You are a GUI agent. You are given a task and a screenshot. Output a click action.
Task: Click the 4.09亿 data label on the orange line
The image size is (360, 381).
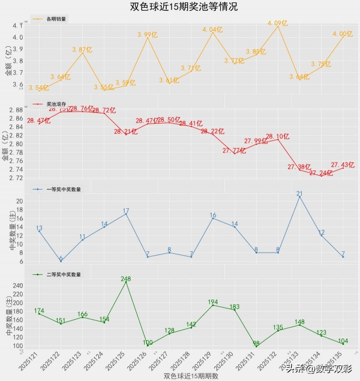278,23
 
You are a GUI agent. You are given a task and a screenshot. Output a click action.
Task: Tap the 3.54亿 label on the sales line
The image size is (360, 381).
38,88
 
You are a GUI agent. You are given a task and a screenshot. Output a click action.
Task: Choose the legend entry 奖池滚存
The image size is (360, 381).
57,104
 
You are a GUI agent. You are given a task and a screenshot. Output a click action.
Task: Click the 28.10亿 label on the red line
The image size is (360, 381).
277,136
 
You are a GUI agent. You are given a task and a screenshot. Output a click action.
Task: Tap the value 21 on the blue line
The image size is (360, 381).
299,194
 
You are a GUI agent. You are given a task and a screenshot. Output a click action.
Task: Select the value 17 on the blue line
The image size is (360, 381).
125,211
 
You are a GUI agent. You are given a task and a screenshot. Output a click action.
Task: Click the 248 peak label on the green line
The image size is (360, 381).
125,279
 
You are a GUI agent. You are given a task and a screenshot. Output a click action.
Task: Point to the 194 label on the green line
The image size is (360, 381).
212,302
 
